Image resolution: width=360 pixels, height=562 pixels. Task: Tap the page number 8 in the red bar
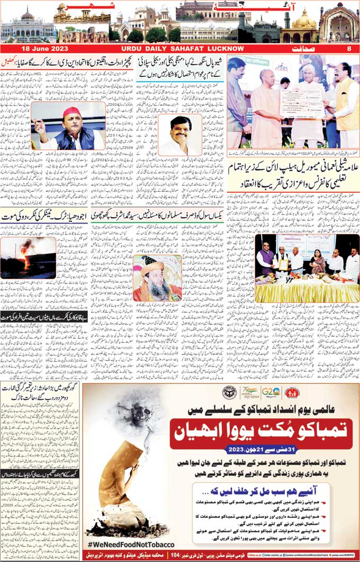(349, 49)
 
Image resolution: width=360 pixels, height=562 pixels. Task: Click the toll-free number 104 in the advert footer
(157, 555)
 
